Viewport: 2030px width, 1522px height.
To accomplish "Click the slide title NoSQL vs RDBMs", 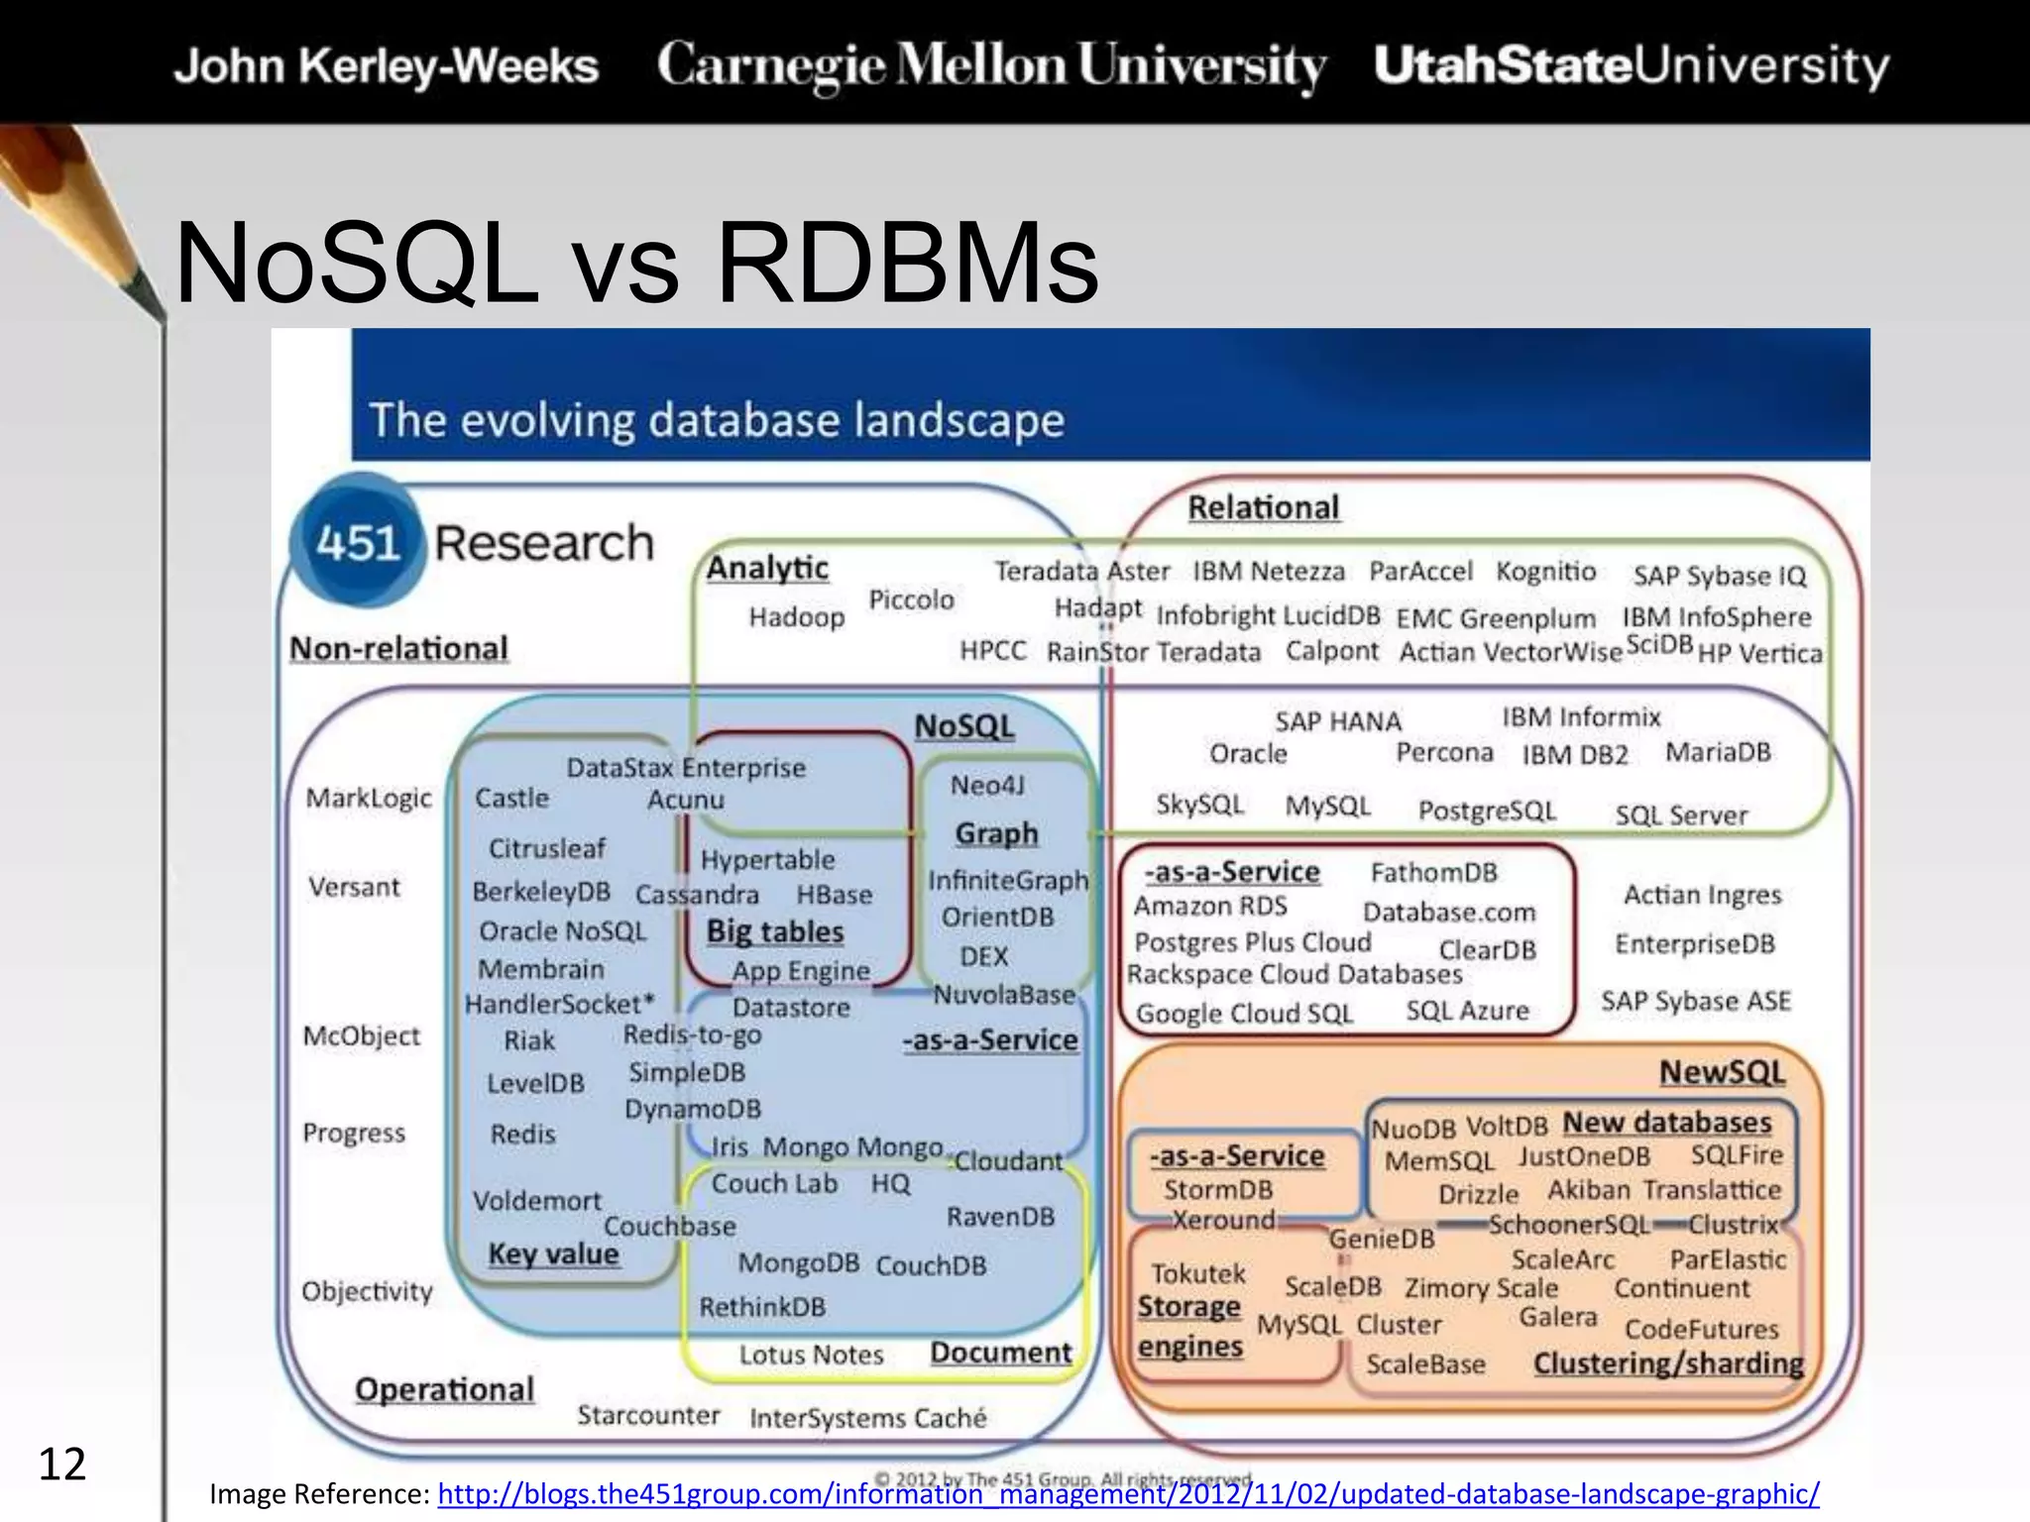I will (x=636, y=264).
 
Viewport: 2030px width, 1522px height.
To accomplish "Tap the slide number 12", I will (x=61, y=1465).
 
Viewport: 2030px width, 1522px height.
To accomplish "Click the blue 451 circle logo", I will (x=357, y=543).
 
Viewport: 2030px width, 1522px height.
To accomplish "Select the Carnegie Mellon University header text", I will (x=991, y=65).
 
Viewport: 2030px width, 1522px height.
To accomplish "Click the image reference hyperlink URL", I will (x=1128, y=1493).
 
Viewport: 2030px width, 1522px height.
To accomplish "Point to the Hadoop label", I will (x=796, y=617).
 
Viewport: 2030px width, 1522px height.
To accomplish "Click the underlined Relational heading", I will (x=1263, y=507).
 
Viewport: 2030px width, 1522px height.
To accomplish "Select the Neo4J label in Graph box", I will (x=987, y=786).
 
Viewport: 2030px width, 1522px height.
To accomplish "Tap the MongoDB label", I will (x=798, y=1263).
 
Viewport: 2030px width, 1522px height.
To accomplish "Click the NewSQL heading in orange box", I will (x=1722, y=1072).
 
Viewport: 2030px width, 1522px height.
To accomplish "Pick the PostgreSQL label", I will (x=1487, y=811).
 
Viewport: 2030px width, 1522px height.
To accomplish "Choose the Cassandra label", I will (x=697, y=895).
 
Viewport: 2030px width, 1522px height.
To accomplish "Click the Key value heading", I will (x=553, y=1254).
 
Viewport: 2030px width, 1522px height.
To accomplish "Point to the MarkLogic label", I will (x=369, y=798).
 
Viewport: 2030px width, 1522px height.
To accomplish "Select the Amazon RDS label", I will (x=1210, y=906).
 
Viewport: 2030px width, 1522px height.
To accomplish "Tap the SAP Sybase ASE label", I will (x=1696, y=1001).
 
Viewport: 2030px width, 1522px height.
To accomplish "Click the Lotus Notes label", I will (x=811, y=1355).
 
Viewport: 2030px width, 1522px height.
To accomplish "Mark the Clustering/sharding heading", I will (x=1668, y=1363).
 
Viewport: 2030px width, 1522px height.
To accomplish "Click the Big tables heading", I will (x=774, y=931).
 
